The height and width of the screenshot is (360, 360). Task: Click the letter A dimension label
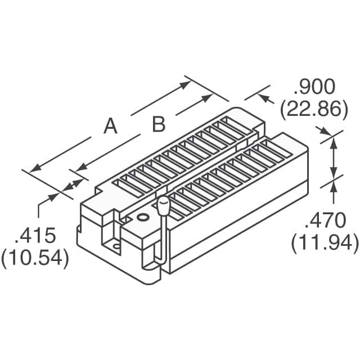click(x=111, y=127)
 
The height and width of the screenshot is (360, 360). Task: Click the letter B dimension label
click(x=159, y=125)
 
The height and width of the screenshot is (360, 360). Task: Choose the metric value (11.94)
click(x=325, y=243)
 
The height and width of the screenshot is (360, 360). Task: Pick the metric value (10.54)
click(x=35, y=258)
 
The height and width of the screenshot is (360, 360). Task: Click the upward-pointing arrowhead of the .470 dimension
click(x=334, y=140)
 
